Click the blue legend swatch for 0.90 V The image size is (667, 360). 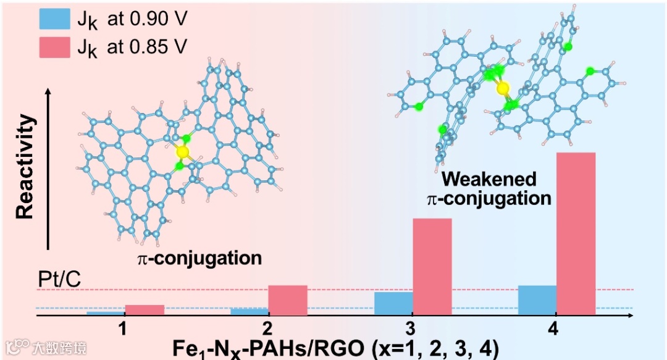tap(56, 19)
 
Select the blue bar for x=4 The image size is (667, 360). tap(537, 300)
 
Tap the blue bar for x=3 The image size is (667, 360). tap(393, 303)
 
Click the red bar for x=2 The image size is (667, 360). tap(288, 300)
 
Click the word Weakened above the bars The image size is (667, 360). tap(490, 180)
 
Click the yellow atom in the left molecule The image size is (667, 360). tap(182, 151)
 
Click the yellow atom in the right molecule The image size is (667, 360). tap(503, 88)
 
